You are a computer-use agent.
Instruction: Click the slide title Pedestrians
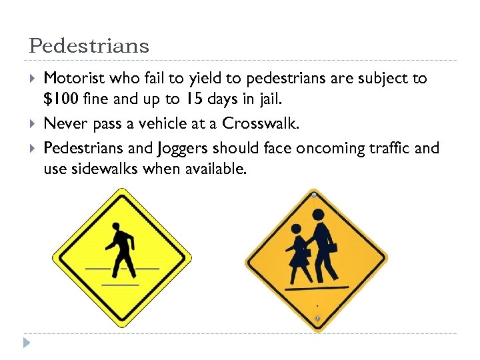[89, 46]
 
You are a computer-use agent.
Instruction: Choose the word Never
[63, 123]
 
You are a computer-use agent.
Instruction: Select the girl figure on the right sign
[299, 253]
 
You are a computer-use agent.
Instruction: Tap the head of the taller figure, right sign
[318, 215]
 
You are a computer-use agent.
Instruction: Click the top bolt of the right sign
[313, 195]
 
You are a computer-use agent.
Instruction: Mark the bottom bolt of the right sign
[317, 318]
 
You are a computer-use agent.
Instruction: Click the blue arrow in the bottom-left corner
[26, 343]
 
